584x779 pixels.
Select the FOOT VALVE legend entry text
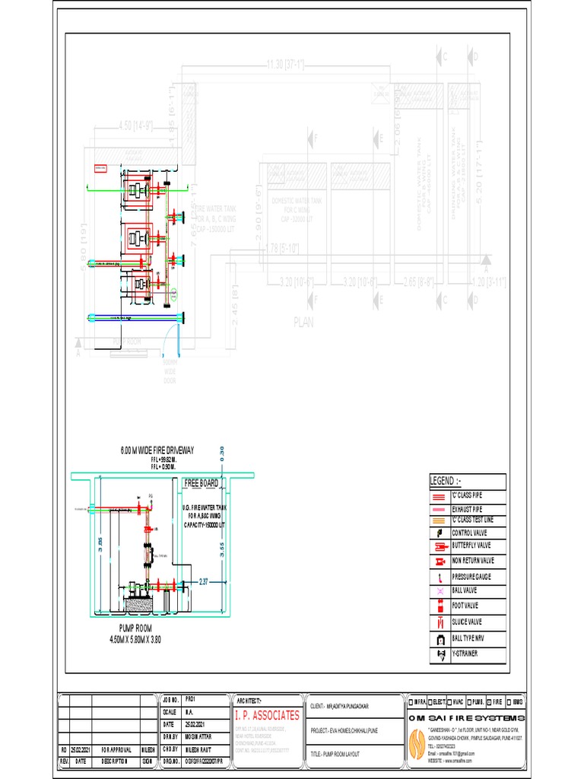click(468, 606)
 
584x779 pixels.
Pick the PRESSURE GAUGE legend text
click(472, 577)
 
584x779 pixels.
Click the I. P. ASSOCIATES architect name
click(268, 715)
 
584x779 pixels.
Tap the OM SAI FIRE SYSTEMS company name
click(467, 719)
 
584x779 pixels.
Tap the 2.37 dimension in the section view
click(203, 581)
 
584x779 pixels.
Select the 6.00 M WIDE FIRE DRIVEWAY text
click(157, 451)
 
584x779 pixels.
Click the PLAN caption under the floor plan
click(303, 322)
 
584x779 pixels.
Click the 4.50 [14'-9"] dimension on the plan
click(136, 126)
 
